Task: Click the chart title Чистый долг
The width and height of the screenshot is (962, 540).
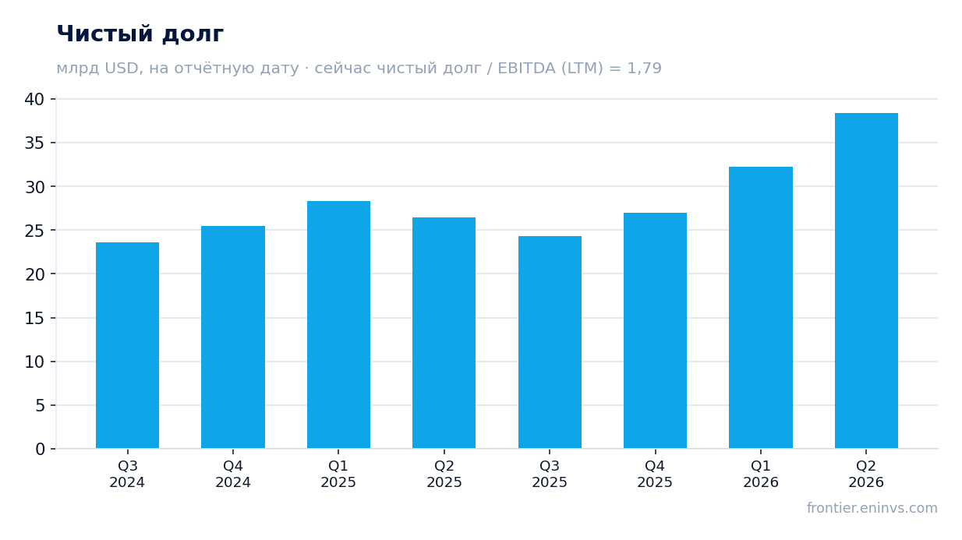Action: coord(140,34)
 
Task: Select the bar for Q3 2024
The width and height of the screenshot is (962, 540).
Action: coord(128,345)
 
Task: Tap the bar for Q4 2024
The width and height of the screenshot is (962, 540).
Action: coord(233,337)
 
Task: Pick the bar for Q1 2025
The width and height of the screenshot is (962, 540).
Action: coord(339,325)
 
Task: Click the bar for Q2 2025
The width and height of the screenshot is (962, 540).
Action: coord(444,333)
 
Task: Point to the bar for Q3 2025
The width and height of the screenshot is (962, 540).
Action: coord(550,343)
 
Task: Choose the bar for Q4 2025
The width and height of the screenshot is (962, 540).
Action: coord(656,330)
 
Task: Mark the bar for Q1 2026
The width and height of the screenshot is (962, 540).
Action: coord(761,308)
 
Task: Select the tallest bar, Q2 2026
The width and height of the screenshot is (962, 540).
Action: coord(867,281)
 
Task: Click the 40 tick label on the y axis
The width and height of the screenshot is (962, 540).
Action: coord(34,100)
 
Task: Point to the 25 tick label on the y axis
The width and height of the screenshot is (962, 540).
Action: coord(34,231)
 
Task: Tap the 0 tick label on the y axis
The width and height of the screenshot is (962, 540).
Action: coord(40,450)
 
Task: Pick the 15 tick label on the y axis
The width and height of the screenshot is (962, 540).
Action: coord(34,319)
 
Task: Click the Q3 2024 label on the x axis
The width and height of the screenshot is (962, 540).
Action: coord(127,475)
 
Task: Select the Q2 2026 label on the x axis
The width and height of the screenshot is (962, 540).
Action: coord(866,475)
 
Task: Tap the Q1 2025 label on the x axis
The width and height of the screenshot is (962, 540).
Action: coord(338,475)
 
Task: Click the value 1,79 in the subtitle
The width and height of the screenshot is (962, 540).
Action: coord(644,69)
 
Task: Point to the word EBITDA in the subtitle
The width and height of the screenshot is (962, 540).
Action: coord(526,69)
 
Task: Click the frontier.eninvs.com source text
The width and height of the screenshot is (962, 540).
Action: coord(872,508)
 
